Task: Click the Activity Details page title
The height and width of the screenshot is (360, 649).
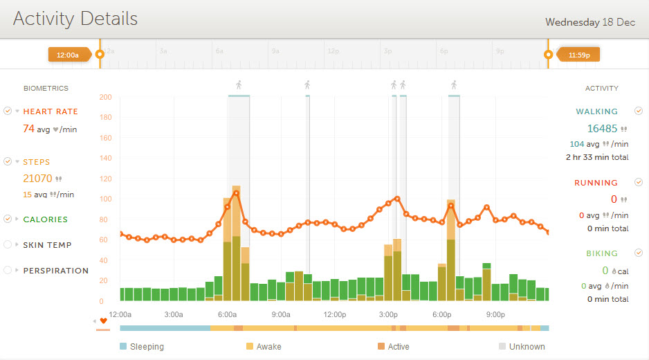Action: point(75,19)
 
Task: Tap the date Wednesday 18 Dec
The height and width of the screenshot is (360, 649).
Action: point(589,22)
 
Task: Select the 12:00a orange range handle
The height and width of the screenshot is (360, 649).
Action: point(68,54)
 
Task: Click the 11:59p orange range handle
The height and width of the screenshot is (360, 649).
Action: point(578,54)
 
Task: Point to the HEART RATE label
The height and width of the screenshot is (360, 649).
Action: point(51,111)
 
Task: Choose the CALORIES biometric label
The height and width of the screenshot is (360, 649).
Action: point(46,219)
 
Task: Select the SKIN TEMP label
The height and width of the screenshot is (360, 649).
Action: point(47,245)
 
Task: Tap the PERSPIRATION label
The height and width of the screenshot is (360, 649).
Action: point(56,271)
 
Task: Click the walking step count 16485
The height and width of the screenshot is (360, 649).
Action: point(602,128)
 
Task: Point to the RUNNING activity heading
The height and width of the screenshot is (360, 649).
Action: point(596,183)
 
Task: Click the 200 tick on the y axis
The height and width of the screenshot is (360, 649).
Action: point(105,97)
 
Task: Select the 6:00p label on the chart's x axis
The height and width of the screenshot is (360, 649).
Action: point(442,314)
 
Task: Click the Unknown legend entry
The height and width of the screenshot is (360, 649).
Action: point(527,347)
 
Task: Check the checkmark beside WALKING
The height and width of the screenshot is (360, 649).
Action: point(639,111)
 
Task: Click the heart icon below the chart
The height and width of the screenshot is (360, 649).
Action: point(104,321)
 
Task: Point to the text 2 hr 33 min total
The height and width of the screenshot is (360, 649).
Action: point(597,157)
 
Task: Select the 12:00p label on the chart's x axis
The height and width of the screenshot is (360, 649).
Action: point(335,314)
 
